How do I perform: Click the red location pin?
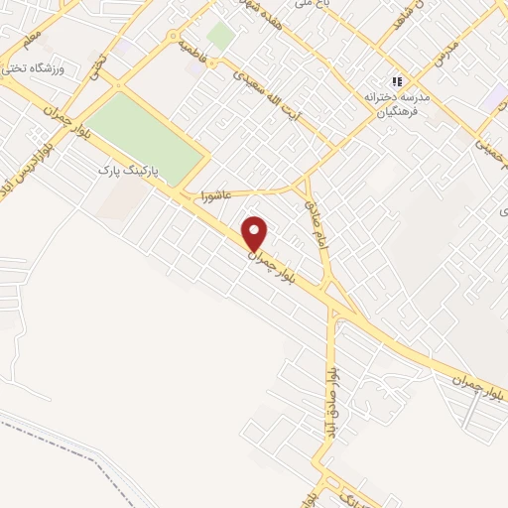[x=255, y=233]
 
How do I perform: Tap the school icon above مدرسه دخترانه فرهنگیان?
[x=397, y=81]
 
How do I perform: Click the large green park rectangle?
[x=149, y=134]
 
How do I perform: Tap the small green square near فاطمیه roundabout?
[x=220, y=37]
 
